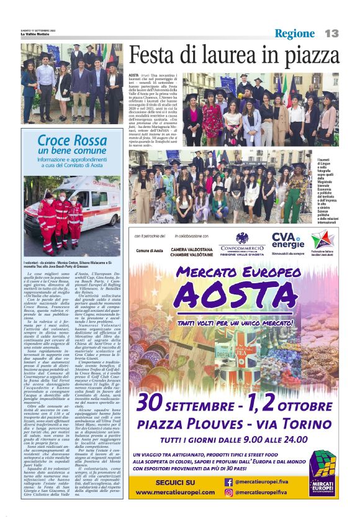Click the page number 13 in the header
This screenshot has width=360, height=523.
click(331, 34)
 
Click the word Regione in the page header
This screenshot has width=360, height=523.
click(295, 34)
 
